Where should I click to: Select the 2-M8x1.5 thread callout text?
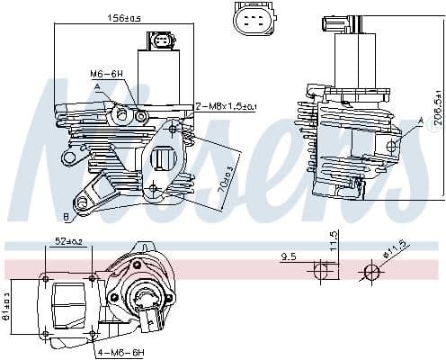click(x=226, y=107)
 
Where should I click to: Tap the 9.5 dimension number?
click(x=289, y=256)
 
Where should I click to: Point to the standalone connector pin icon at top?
click(x=249, y=20)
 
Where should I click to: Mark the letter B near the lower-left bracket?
click(x=66, y=217)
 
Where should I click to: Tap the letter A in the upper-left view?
click(x=96, y=86)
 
